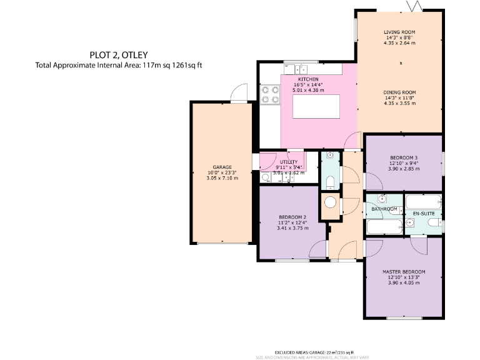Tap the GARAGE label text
point(222,167)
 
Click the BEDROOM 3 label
point(403,157)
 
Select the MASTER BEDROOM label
point(404,272)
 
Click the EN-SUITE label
point(423,214)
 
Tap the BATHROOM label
point(385,209)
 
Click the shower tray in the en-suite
point(424,202)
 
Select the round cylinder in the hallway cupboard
point(329,202)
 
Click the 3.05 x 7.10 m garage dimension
point(222,178)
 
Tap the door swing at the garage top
point(237,93)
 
